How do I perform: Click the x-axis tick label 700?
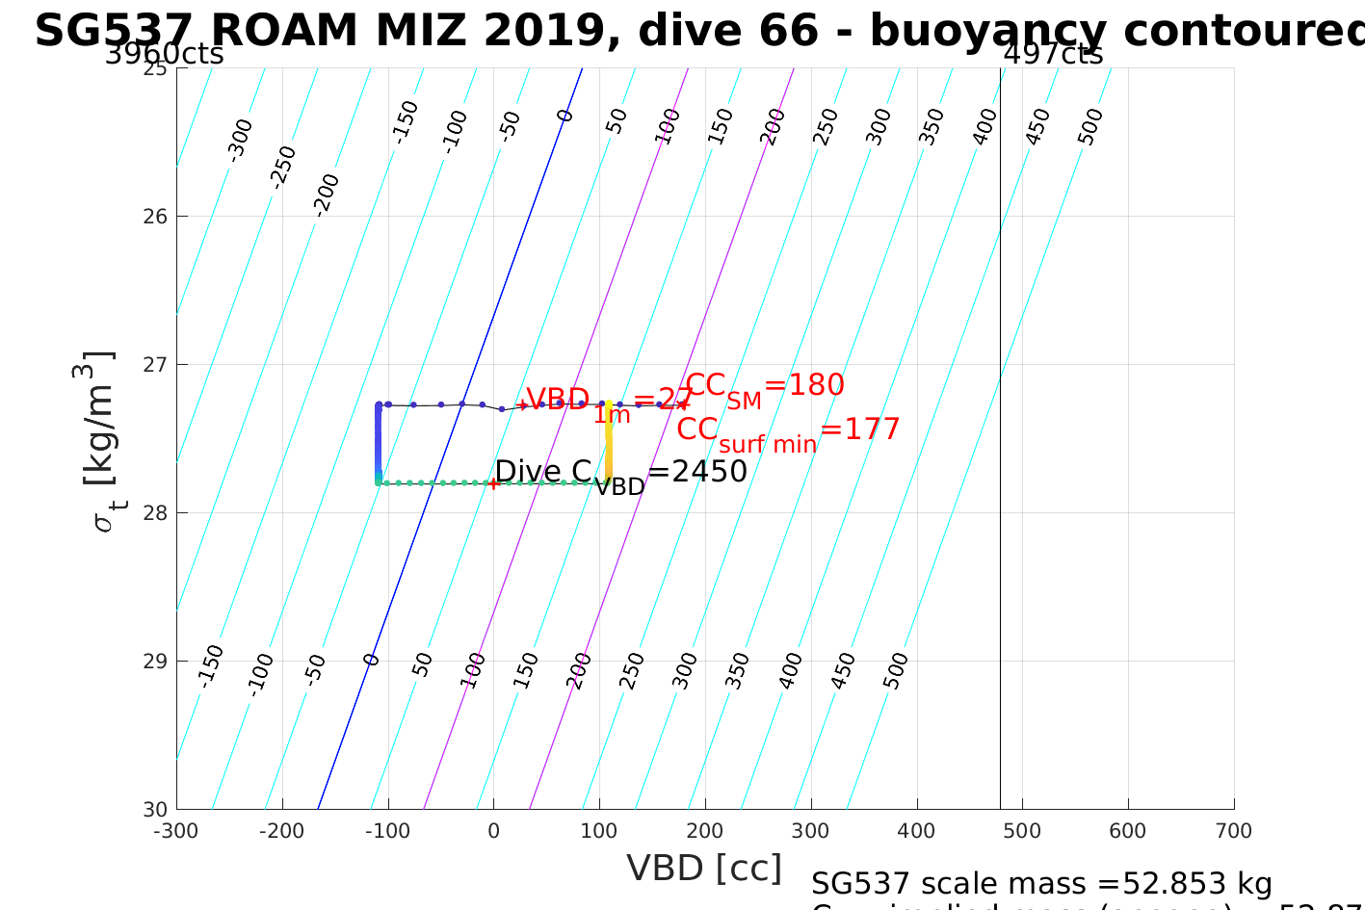click(x=1233, y=831)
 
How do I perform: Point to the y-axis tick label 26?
click(x=156, y=217)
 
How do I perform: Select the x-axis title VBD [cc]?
click(x=704, y=869)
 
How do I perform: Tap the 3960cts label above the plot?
click(x=164, y=55)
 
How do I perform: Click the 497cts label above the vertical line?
click(x=1053, y=55)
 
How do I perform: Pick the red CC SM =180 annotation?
click(x=765, y=387)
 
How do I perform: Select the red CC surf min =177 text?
click(x=788, y=431)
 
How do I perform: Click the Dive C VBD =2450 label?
click(x=620, y=474)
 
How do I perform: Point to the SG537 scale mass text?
click(x=1041, y=884)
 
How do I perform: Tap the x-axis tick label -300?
click(x=176, y=831)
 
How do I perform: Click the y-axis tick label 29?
click(x=156, y=662)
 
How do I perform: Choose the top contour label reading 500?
click(x=1090, y=127)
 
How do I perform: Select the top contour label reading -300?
click(x=240, y=139)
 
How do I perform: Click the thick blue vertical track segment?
click(x=378, y=443)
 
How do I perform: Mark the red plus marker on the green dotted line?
click(x=493, y=483)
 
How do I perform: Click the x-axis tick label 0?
click(x=493, y=831)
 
